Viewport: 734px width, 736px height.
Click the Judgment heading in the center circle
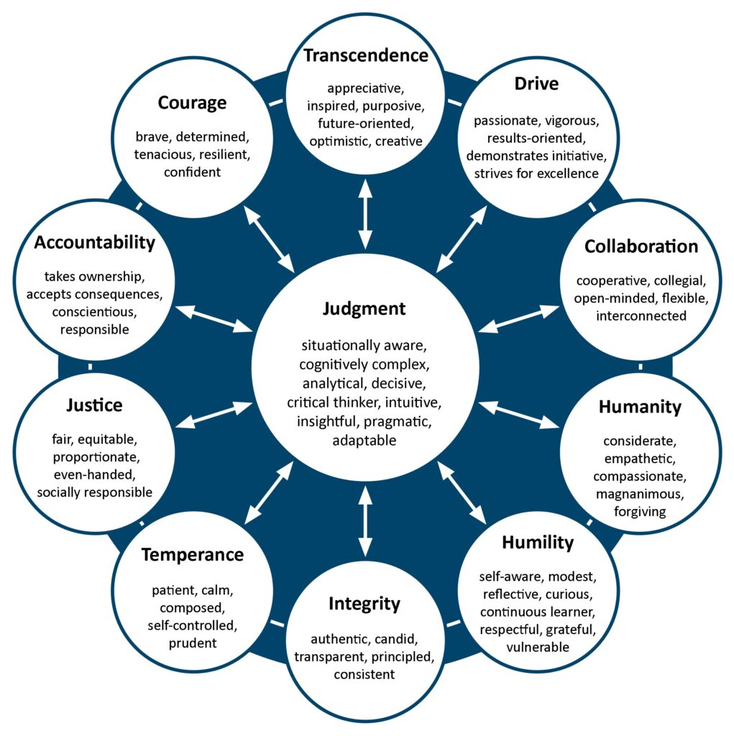click(364, 309)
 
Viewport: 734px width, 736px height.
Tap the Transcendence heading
click(365, 55)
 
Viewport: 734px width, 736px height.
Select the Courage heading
click(192, 103)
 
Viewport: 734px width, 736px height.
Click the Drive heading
click(536, 83)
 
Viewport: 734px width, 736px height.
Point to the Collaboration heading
click(641, 247)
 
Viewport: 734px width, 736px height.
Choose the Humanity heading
click(640, 407)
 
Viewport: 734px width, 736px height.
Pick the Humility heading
click(538, 542)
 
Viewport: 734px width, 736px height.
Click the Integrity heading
click(364, 604)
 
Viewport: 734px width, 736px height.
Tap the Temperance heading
click(192, 555)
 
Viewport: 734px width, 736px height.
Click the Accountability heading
click(94, 242)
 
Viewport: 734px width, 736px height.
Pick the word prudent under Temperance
click(192, 643)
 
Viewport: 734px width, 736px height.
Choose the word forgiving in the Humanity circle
click(640, 512)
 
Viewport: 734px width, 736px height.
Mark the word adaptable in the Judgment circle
click(364, 441)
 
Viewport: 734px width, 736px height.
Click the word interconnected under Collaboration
click(641, 316)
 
